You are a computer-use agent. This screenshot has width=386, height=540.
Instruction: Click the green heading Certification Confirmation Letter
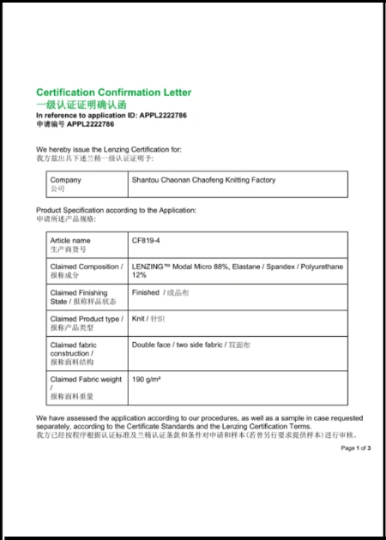[113, 92]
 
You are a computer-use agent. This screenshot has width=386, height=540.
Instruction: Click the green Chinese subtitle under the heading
[81, 103]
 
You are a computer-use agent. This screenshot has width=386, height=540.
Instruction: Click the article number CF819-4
[146, 241]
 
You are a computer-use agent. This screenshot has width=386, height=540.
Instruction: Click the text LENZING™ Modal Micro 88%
[180, 267]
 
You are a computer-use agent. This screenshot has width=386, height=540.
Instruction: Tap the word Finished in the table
[146, 292]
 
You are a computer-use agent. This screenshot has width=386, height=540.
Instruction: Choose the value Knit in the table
[139, 319]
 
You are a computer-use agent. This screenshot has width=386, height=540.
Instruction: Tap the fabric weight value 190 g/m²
[148, 379]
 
